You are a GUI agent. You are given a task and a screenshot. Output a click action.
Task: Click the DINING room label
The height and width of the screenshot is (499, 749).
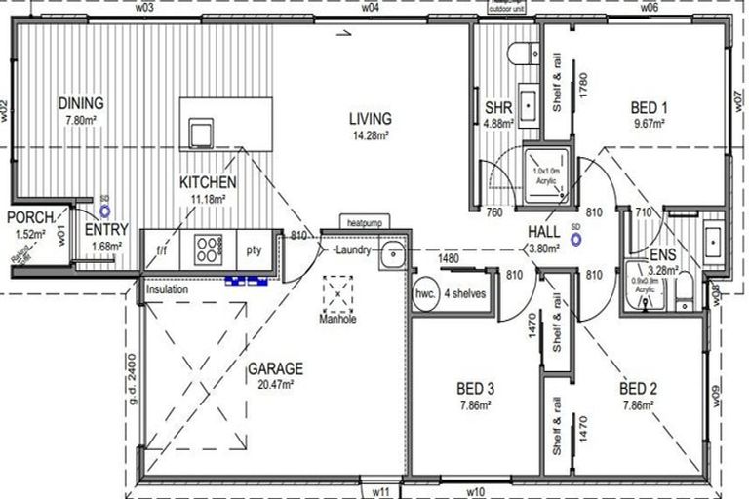81,104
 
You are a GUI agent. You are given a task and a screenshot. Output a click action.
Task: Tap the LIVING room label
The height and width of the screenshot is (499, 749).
371,120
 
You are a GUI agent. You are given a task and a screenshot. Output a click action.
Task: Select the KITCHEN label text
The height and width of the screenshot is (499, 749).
207,182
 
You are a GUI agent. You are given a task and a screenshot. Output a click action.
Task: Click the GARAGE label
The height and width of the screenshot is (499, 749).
275,369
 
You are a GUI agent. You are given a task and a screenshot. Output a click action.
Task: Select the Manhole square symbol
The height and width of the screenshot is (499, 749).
338,290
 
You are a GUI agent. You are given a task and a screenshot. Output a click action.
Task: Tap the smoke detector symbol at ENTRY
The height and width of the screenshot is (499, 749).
104,209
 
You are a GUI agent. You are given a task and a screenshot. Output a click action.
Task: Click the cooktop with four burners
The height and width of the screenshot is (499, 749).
209,249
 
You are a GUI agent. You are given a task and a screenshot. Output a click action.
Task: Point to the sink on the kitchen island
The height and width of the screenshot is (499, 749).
201,131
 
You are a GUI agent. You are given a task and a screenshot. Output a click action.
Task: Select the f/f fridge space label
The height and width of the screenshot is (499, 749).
161,249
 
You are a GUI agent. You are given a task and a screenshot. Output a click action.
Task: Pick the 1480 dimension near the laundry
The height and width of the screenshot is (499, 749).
449,258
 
